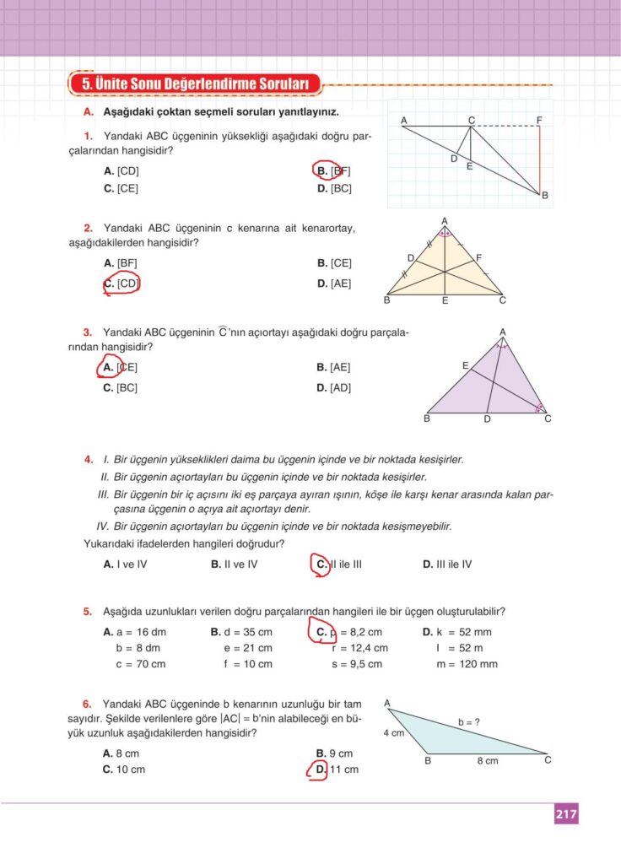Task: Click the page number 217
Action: pos(565,814)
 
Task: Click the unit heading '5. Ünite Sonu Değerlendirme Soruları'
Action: pos(195,84)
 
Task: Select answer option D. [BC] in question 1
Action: pos(334,188)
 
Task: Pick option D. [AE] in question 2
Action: pos(334,283)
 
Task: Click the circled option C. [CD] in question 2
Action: pos(121,283)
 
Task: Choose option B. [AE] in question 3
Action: pos(334,367)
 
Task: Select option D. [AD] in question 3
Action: pos(334,387)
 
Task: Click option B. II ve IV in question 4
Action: pos(234,564)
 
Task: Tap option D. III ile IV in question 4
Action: pos(447,564)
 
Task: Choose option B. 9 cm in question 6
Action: pos(334,753)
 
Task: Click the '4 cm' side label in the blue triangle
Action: pos(394,733)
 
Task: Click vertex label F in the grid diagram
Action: pos(539,121)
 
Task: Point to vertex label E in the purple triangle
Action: pos(465,365)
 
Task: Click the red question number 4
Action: pos(88,460)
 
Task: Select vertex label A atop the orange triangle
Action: pos(445,221)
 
